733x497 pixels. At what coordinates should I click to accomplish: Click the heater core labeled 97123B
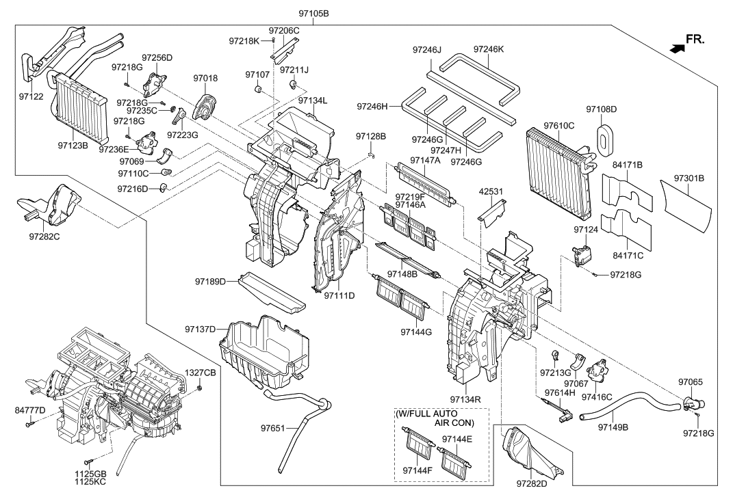click(x=81, y=109)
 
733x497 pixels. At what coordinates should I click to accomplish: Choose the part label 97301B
click(x=689, y=178)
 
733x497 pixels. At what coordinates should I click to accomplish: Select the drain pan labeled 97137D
click(x=263, y=351)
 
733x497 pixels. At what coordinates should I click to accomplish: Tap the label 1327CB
click(x=201, y=373)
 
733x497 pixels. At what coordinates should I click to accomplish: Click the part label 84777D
click(x=30, y=409)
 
